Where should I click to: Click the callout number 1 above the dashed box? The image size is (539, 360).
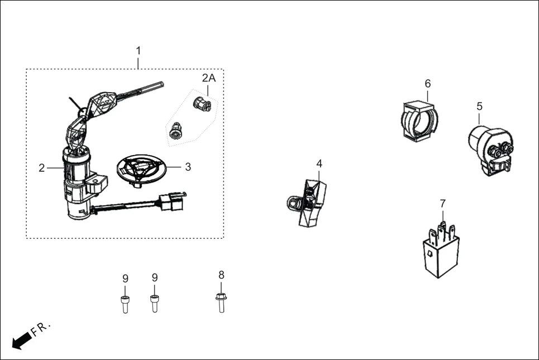coord(139,51)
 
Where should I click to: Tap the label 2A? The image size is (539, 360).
coord(208,78)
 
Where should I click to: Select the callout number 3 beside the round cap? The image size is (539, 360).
coord(188,166)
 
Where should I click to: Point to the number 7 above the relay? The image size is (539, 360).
coord(442,204)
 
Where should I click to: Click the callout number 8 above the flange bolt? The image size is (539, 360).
coord(221,275)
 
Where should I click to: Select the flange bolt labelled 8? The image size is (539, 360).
coord(221,302)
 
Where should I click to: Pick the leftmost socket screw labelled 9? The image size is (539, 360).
coord(125,303)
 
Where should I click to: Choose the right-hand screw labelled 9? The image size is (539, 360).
coord(154,303)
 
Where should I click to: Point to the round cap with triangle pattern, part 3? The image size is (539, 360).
coord(140,169)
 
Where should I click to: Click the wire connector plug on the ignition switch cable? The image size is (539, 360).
coord(172,201)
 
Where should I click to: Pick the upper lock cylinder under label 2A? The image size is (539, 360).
coord(202,103)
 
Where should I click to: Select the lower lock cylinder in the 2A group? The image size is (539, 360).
coord(176,131)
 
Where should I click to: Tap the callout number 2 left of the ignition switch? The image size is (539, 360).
coord(41,168)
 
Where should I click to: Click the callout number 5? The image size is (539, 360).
coord(479,106)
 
